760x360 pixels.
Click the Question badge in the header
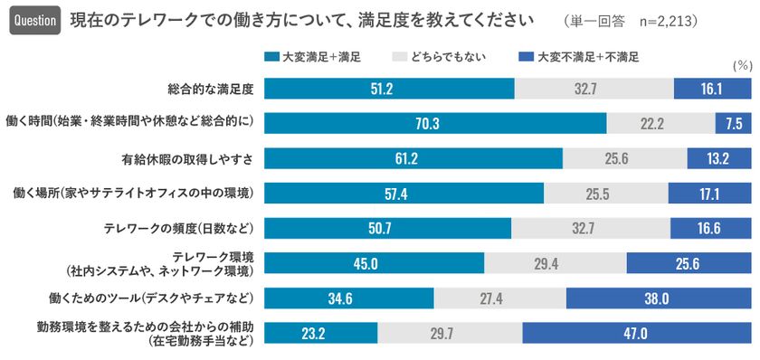coord(34,20)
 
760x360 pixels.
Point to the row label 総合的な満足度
coord(209,89)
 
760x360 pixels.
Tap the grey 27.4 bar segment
coord(500,298)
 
